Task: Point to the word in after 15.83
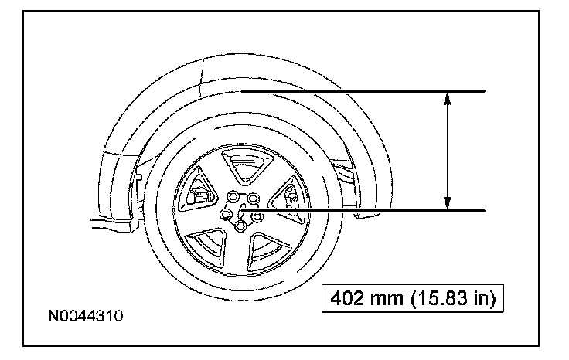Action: [482, 298]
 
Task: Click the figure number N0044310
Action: [86, 316]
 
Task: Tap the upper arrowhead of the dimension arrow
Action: [447, 100]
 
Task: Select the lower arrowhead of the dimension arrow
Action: [447, 203]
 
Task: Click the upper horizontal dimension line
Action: [363, 91]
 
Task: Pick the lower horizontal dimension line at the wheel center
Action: [363, 210]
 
